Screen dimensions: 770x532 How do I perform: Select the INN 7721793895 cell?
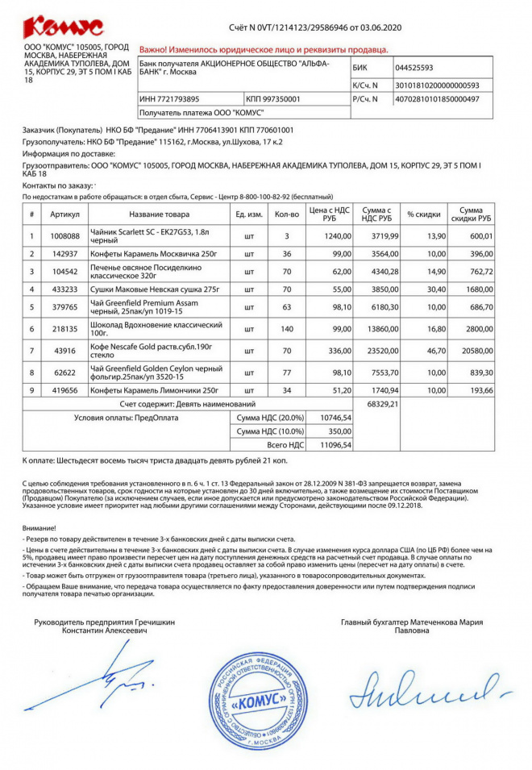point(169,99)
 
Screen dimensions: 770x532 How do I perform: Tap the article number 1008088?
point(65,236)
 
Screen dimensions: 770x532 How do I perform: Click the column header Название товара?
point(159,214)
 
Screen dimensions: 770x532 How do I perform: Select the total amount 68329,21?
point(382,403)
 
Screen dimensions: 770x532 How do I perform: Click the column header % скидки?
point(422,214)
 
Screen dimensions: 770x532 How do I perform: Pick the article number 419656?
point(65,390)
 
